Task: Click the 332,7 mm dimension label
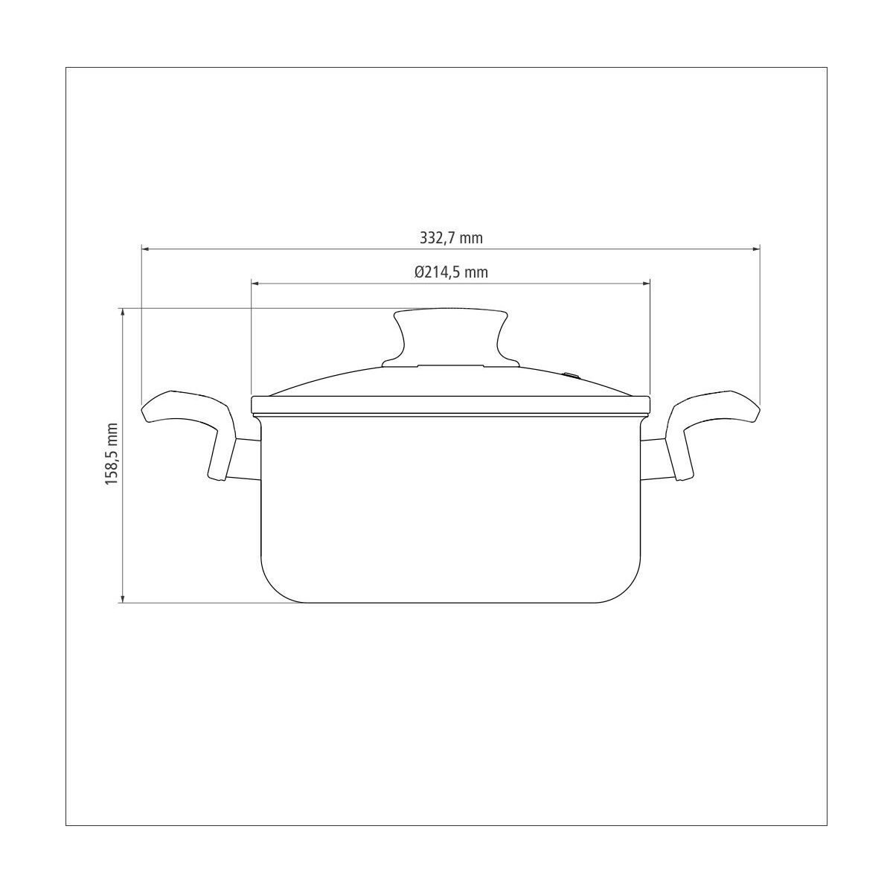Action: coord(451,238)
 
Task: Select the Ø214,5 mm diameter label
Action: coord(451,272)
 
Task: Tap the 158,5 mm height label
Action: coord(112,454)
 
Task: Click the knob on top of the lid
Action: coord(450,335)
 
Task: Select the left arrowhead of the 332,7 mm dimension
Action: coord(146,249)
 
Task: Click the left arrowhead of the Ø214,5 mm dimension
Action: coord(256,283)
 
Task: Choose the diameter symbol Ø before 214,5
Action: coord(420,272)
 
